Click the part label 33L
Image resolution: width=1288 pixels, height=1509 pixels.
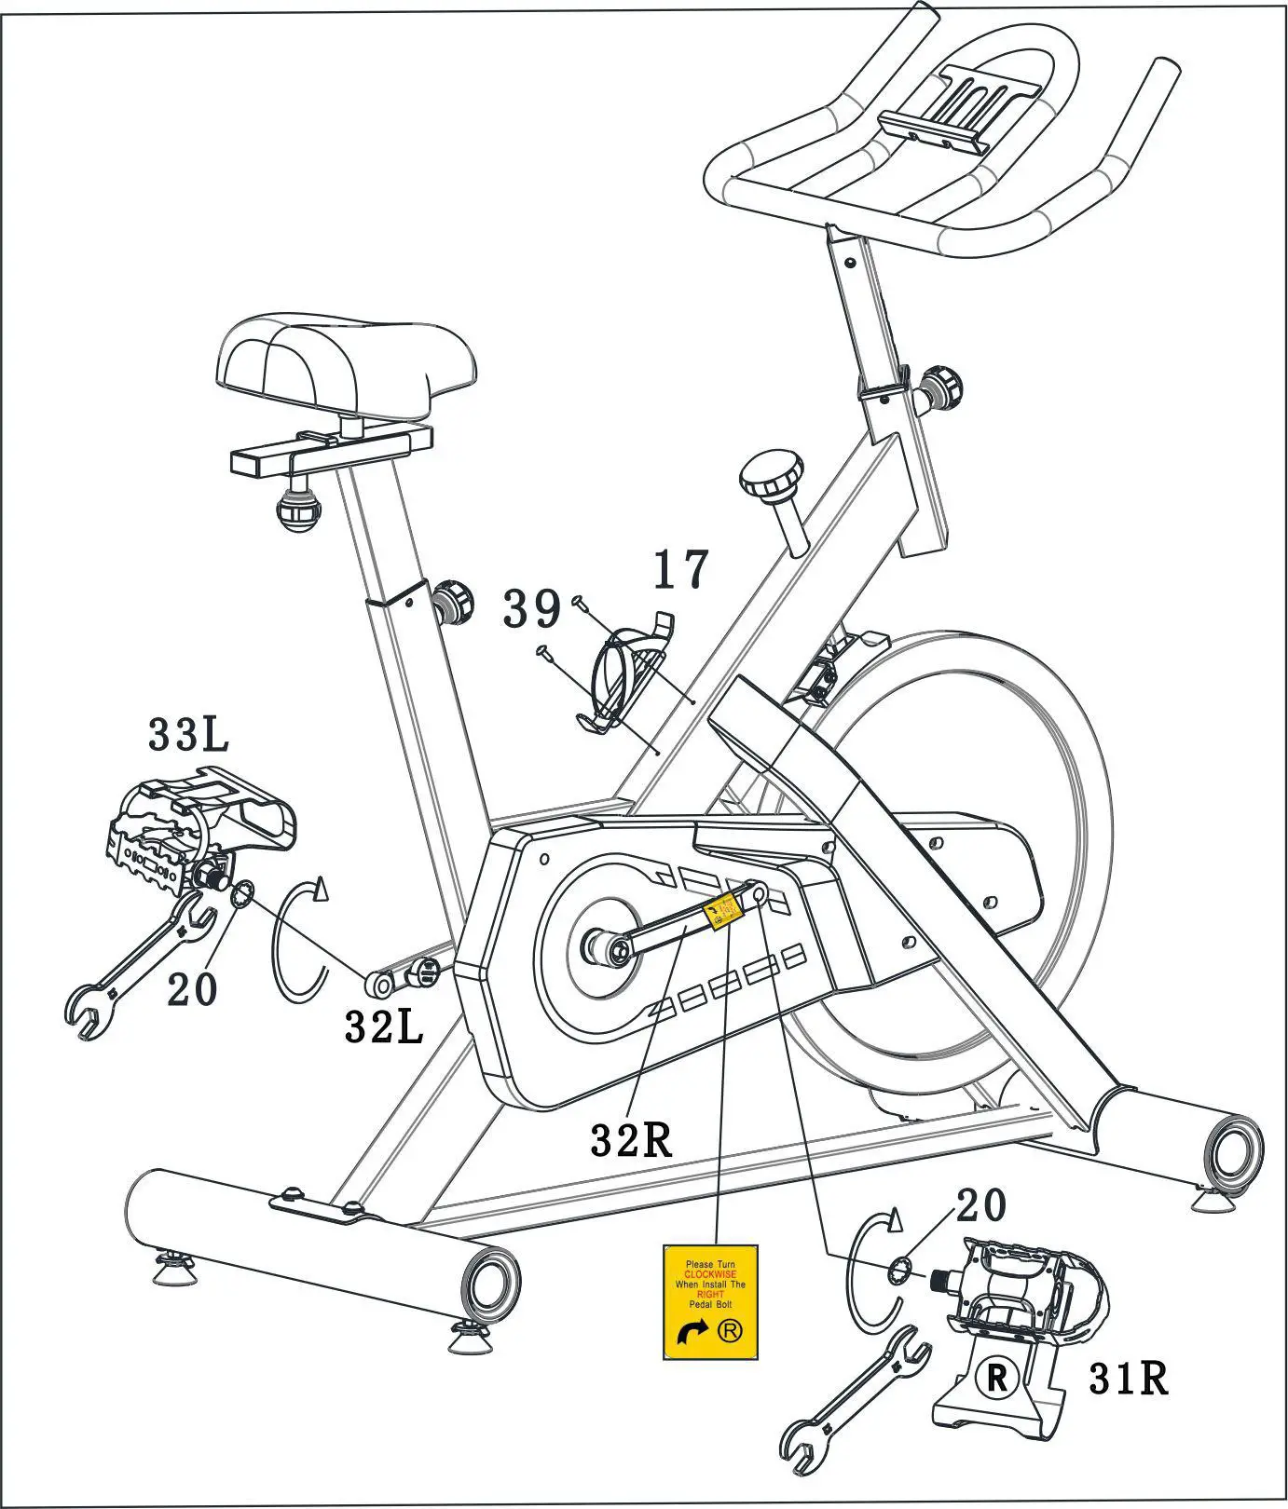click(188, 735)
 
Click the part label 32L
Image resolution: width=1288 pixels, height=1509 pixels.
click(384, 1026)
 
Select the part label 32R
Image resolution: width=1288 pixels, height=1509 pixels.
click(631, 1139)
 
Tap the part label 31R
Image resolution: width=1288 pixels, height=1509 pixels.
click(1128, 1379)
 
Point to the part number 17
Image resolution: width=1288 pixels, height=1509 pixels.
click(680, 570)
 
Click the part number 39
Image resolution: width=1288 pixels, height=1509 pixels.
click(532, 610)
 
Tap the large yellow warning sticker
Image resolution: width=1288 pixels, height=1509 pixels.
click(709, 1301)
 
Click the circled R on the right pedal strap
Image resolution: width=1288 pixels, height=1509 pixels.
click(997, 1378)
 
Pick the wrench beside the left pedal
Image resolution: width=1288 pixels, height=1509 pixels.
click(140, 964)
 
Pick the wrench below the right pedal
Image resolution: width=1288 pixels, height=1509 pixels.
click(853, 1407)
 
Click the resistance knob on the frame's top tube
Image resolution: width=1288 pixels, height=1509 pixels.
click(772, 476)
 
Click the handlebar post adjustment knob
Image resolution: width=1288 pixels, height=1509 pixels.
click(941, 385)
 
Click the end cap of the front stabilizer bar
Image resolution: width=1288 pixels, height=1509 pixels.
click(489, 1285)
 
